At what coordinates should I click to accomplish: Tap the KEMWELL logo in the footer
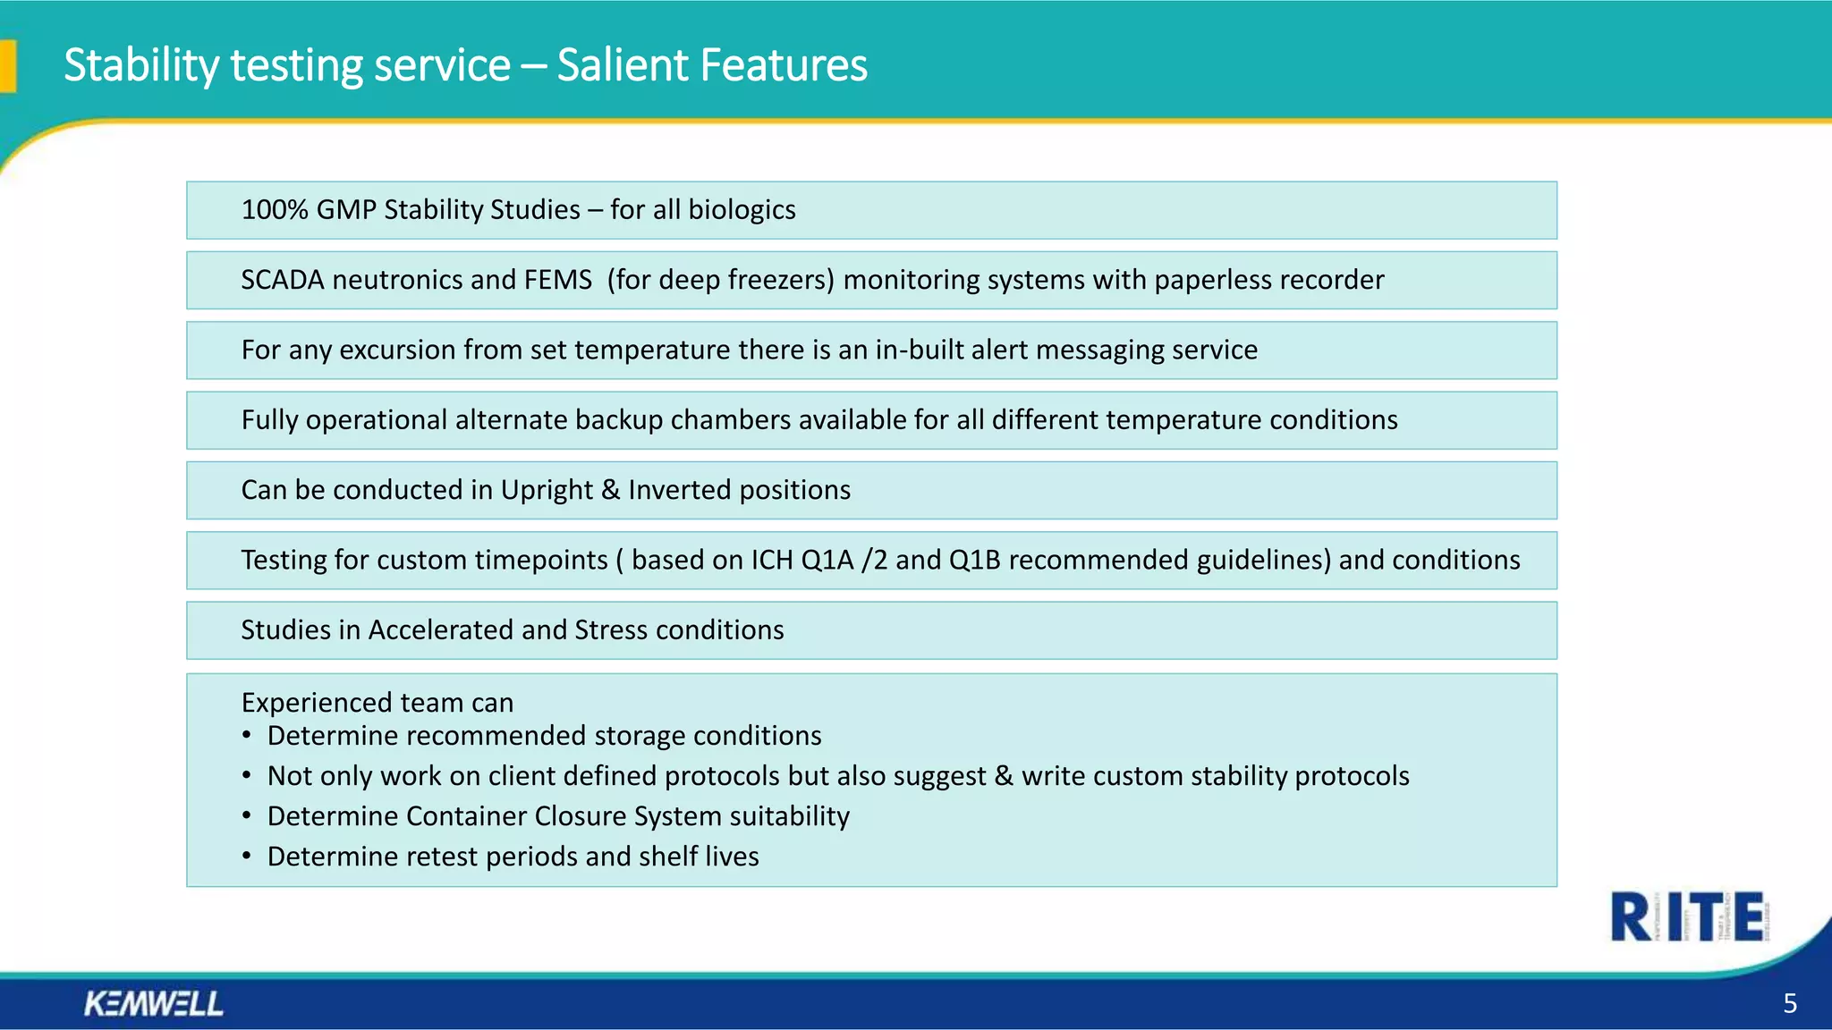point(154,1003)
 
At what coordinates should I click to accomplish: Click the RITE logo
point(1687,916)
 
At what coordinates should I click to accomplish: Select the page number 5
point(1789,1003)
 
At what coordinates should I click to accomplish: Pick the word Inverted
point(680,490)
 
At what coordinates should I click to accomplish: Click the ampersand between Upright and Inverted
point(610,490)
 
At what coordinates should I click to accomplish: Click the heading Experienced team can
point(377,703)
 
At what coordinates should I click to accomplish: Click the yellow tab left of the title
point(8,66)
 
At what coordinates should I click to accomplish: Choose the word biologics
point(742,210)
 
